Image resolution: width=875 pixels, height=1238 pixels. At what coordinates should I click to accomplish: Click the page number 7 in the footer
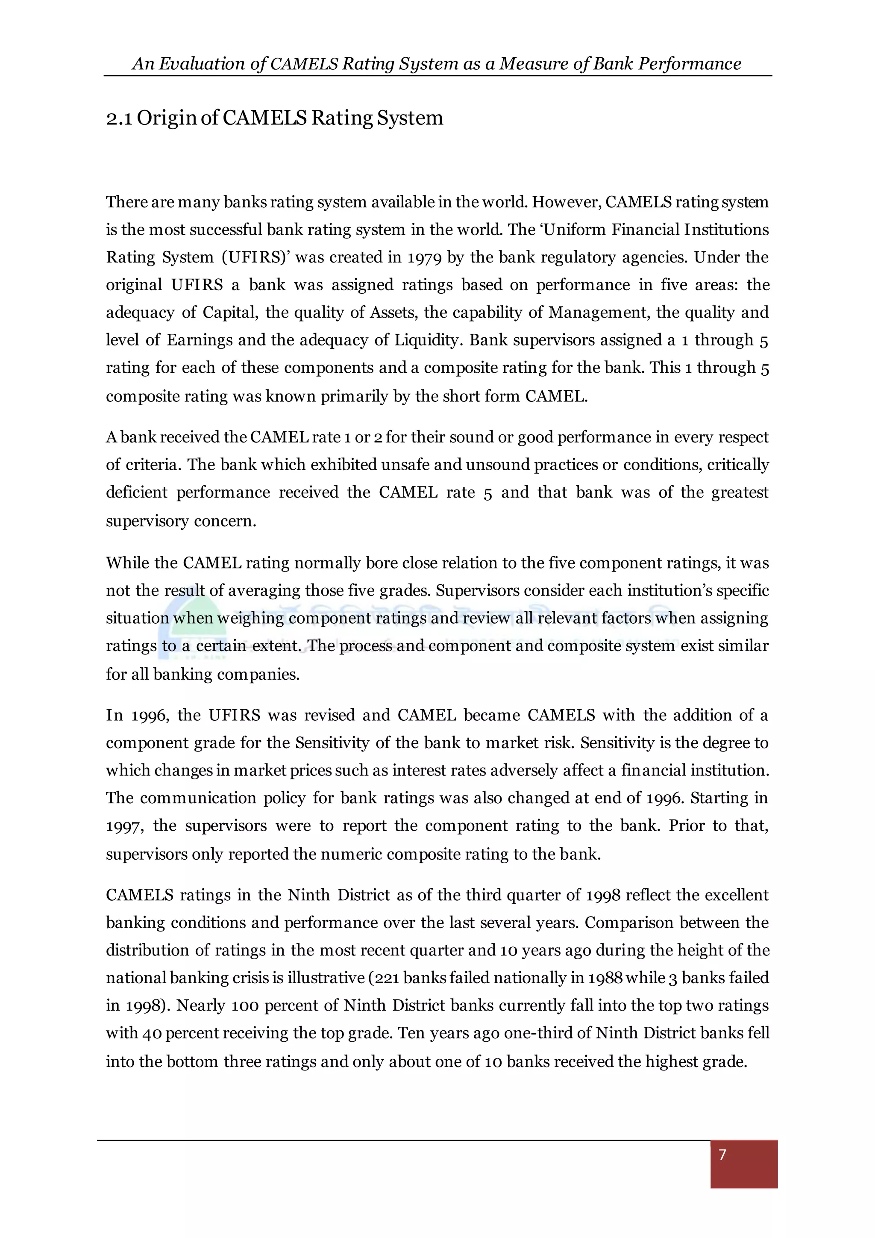click(x=722, y=1154)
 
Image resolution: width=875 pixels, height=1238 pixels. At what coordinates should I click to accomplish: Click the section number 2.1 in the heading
click(x=119, y=118)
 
